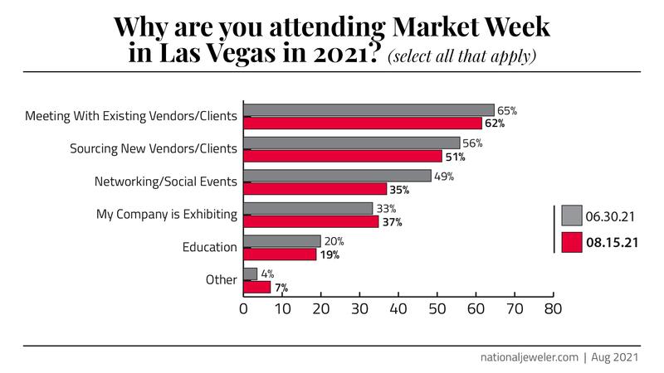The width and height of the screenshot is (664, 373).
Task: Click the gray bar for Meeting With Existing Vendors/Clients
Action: coord(369,109)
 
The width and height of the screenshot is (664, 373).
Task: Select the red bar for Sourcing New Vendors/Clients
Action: coord(343,156)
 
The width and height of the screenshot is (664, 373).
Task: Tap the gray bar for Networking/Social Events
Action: coord(338,176)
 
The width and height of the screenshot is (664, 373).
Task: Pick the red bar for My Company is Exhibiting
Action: coord(311,221)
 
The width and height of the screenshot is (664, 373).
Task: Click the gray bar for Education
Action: coord(282,241)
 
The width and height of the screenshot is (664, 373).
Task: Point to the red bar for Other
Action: coord(257,287)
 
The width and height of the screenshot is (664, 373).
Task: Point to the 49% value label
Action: coord(443,176)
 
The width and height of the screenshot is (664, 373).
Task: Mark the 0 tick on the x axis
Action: coord(244,310)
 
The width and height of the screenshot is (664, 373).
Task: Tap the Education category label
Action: coord(210,247)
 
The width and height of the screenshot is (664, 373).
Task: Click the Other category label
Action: coord(222,280)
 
